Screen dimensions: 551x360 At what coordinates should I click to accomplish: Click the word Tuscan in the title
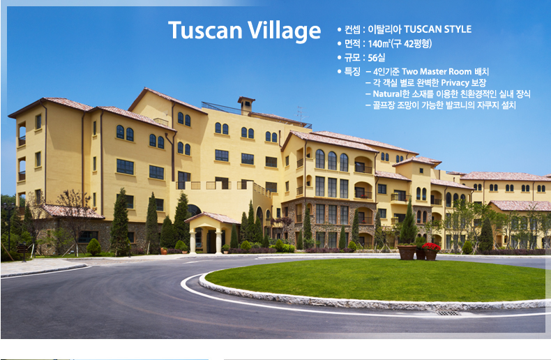tap(206, 30)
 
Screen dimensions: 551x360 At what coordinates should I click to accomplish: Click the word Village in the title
tap(285, 31)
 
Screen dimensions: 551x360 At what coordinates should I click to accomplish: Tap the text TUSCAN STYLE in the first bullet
tap(437, 29)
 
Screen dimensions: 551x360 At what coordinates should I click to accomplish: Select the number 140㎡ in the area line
tap(379, 44)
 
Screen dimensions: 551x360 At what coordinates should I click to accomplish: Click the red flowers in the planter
tap(431, 247)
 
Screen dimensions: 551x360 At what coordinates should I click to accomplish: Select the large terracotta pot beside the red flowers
tap(407, 252)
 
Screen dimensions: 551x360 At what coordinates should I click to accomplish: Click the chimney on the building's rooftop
tap(246, 105)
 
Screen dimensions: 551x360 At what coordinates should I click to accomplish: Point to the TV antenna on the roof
tap(301, 114)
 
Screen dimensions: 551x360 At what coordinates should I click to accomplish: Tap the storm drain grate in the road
tap(447, 313)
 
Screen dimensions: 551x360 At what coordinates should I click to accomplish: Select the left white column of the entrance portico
tap(193, 241)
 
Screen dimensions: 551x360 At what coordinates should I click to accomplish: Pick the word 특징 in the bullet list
tap(352, 72)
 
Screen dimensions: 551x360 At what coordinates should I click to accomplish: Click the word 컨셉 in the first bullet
tap(352, 29)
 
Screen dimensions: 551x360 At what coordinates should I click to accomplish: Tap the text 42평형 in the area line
tap(417, 44)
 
